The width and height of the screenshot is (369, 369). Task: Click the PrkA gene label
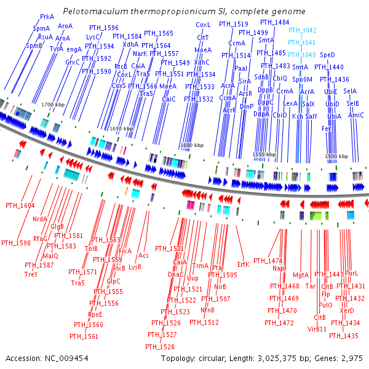47,17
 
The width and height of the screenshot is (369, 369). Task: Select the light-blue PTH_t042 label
302,30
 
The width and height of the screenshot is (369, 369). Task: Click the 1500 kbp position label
333,157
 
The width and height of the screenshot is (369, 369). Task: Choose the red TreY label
31,274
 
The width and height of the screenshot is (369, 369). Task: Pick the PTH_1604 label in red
20,205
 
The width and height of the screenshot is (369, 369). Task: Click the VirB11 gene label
317,329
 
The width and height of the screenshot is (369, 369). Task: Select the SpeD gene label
327,55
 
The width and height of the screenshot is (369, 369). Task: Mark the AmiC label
355,115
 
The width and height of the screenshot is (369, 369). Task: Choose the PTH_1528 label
160,347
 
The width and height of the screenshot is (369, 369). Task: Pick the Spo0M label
302,79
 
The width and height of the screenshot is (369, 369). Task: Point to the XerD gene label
347,311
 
